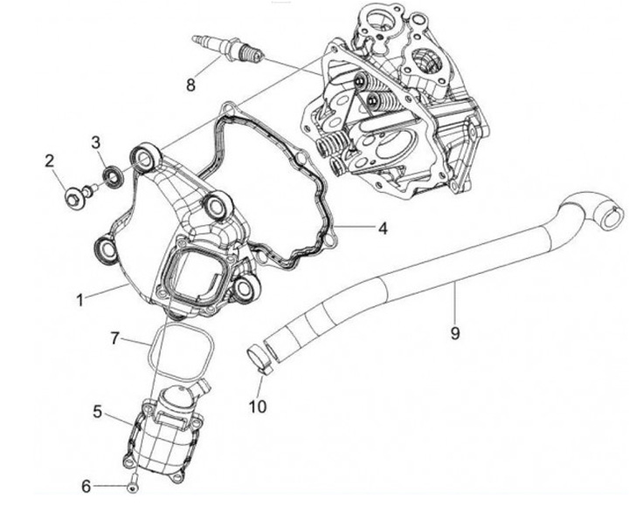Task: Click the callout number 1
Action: click(x=79, y=299)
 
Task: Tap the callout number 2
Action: click(x=50, y=160)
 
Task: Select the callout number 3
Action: click(x=96, y=140)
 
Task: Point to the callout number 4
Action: click(x=382, y=229)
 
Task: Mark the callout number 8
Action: click(x=190, y=85)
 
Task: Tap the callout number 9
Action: click(x=454, y=310)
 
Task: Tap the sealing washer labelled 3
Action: click(x=112, y=179)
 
